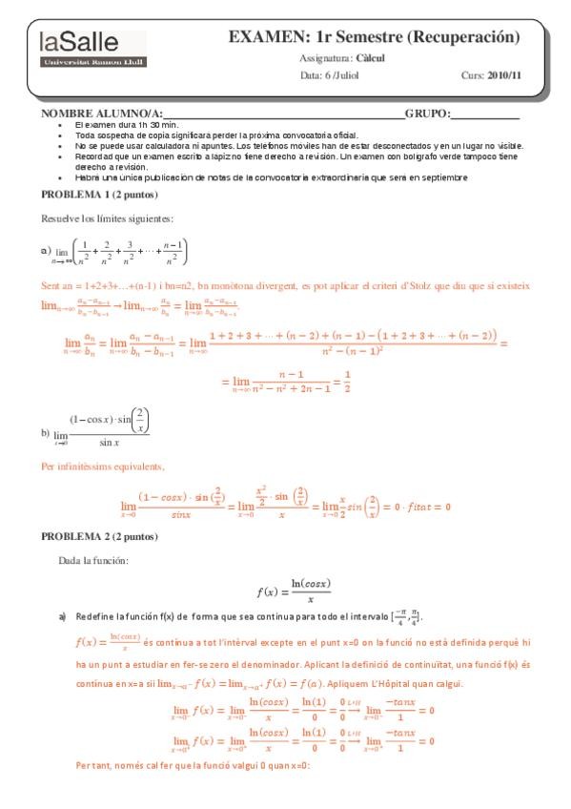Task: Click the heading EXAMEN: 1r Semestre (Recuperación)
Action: click(x=374, y=37)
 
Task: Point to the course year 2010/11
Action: click(x=505, y=74)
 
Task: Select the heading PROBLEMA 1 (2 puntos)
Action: click(x=90, y=194)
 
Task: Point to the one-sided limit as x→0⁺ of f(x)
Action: click(x=303, y=740)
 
